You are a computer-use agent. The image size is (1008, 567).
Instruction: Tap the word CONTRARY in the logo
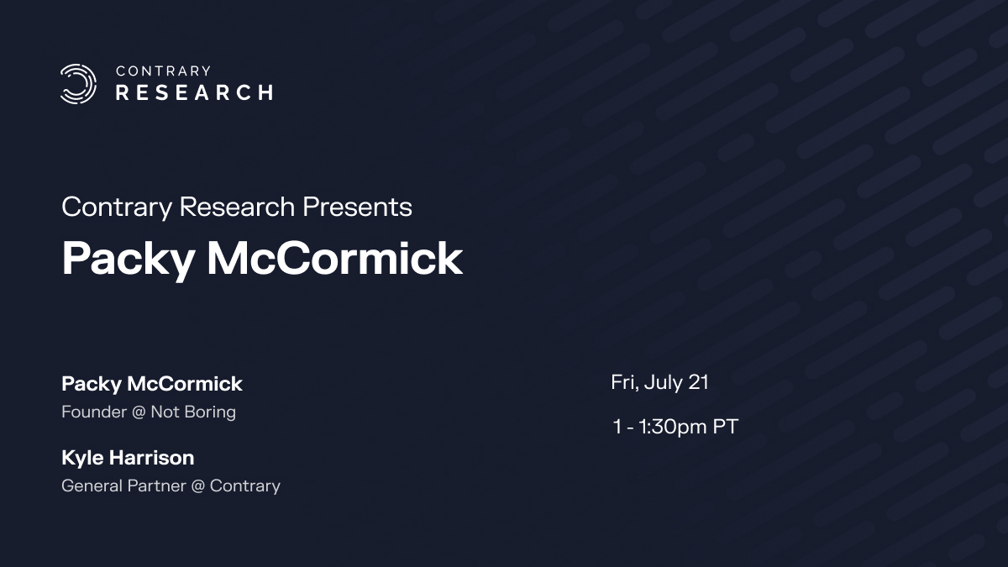point(163,71)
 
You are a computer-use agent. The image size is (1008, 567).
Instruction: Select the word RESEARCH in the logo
point(194,92)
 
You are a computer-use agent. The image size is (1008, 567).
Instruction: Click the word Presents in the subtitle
point(357,207)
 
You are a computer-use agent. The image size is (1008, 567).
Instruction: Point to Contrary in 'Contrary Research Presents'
point(117,208)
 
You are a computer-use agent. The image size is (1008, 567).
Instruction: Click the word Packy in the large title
point(129,260)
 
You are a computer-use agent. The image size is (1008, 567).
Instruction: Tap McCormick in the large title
point(335,258)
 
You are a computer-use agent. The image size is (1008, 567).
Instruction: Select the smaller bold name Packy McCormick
point(152,385)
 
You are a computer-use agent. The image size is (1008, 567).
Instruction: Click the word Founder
point(94,412)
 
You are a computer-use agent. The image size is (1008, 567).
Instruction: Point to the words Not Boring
point(193,412)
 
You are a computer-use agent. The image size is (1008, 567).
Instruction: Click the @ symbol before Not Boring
point(139,412)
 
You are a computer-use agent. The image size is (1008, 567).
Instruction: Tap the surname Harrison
point(152,458)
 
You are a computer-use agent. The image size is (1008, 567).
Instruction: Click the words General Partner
point(123,486)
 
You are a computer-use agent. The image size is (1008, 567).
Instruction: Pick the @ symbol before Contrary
point(198,486)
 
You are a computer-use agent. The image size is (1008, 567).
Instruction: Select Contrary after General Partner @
point(245,486)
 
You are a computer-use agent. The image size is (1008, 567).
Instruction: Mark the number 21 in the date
point(699,382)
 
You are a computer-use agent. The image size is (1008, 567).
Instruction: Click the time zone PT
point(726,427)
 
